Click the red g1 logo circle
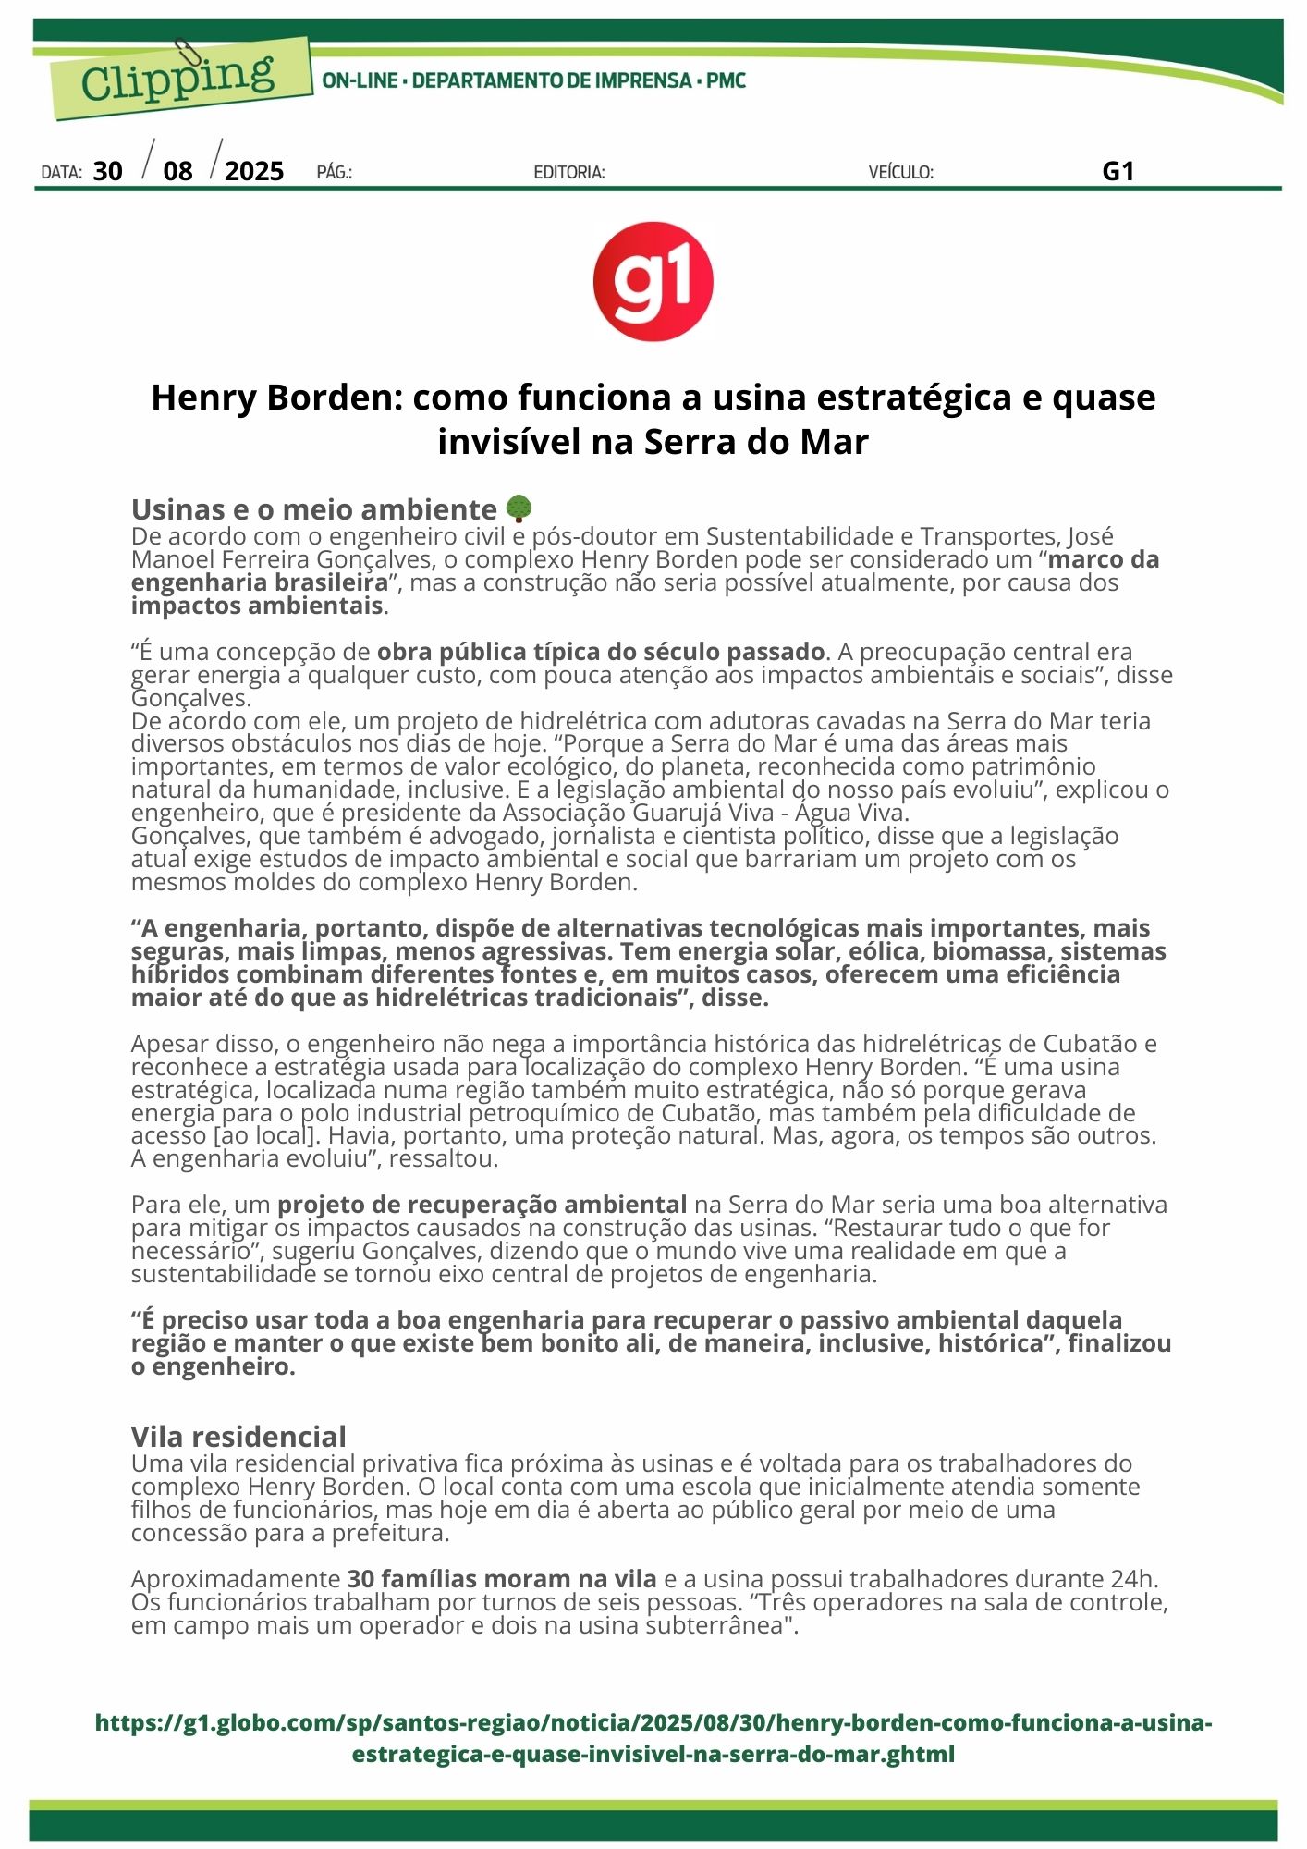point(653,281)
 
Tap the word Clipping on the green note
point(178,78)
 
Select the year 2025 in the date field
point(254,171)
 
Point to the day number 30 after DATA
point(108,171)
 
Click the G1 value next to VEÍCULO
point(1118,171)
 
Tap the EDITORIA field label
point(569,172)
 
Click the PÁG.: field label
point(334,172)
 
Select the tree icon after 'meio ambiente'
point(519,508)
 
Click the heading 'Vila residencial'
point(238,1437)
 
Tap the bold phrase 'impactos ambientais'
point(257,606)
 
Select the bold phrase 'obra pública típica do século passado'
point(601,652)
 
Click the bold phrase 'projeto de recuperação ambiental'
point(482,1205)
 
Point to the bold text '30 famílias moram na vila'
point(502,1579)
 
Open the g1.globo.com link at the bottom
point(653,1738)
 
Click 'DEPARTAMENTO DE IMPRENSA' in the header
point(552,80)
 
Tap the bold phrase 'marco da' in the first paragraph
point(1104,559)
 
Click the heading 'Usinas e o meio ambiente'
point(314,509)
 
